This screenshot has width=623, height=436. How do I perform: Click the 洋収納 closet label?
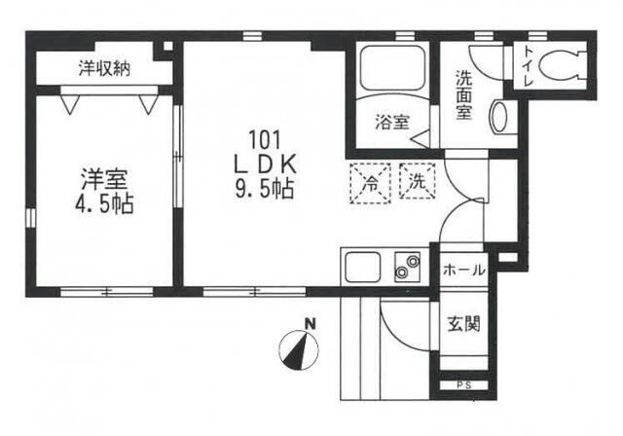click(x=104, y=68)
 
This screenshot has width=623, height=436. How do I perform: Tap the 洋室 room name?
click(x=104, y=179)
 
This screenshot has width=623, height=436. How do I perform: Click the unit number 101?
click(x=265, y=139)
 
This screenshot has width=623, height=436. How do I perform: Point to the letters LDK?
click(x=265, y=164)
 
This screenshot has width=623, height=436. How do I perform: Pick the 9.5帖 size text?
click(x=265, y=189)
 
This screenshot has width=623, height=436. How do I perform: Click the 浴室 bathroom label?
click(x=391, y=122)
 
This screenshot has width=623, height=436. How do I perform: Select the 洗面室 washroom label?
click(x=463, y=94)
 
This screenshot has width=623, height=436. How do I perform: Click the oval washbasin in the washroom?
click(x=499, y=118)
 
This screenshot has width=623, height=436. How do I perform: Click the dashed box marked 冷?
click(x=370, y=183)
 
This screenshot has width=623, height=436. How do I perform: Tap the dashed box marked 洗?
click(x=418, y=181)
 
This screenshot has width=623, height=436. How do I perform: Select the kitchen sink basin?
click(x=363, y=268)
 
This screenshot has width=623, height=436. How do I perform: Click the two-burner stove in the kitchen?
click(x=407, y=267)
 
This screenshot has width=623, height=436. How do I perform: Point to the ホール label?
click(x=464, y=271)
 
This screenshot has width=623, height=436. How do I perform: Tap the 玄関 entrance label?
click(x=464, y=324)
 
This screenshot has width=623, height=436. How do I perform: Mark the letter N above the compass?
click(x=310, y=324)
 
